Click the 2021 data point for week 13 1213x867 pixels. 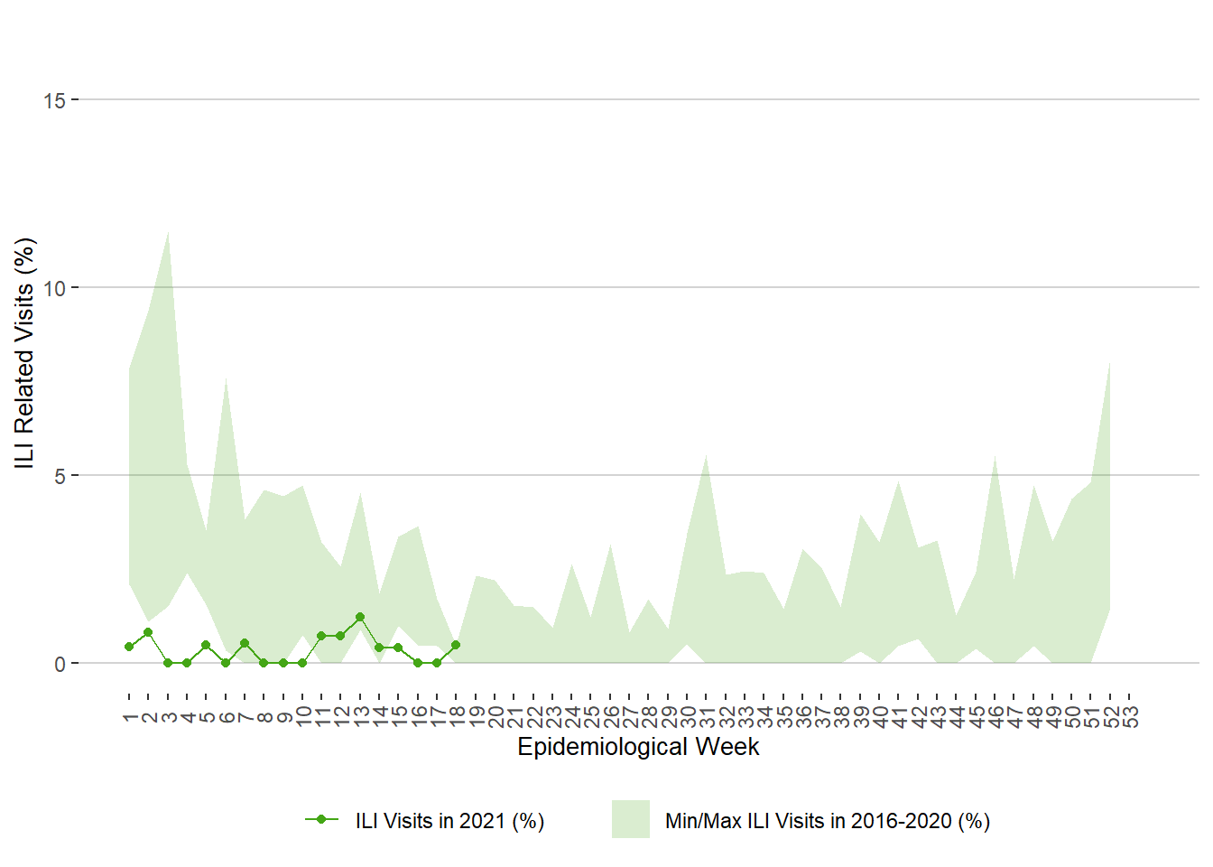click(360, 617)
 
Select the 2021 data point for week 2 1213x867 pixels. click(148, 632)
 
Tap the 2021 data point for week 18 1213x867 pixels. click(456, 645)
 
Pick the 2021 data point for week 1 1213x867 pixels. click(129, 647)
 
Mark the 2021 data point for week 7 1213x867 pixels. click(245, 643)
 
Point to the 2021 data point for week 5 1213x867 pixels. click(206, 645)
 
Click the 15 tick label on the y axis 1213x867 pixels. click(54, 100)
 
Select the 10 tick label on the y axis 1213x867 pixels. click(54, 288)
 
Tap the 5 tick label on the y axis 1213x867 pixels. click(60, 476)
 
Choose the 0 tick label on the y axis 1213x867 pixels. click(60, 664)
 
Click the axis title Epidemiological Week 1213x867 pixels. click(638, 747)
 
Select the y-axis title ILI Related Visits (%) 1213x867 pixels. click(24, 353)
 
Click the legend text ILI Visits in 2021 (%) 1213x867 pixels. click(449, 821)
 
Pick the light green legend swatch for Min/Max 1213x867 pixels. click(631, 819)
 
